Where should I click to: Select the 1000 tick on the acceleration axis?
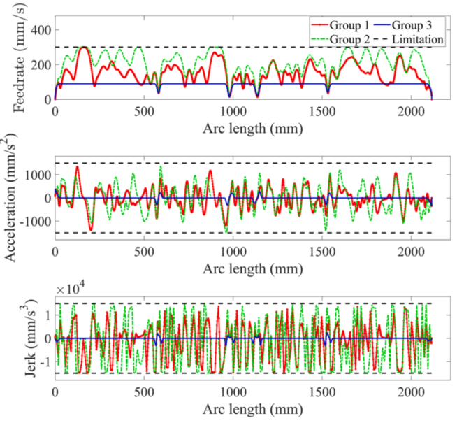coord(35,174)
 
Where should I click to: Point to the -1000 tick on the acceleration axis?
coord(32,221)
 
